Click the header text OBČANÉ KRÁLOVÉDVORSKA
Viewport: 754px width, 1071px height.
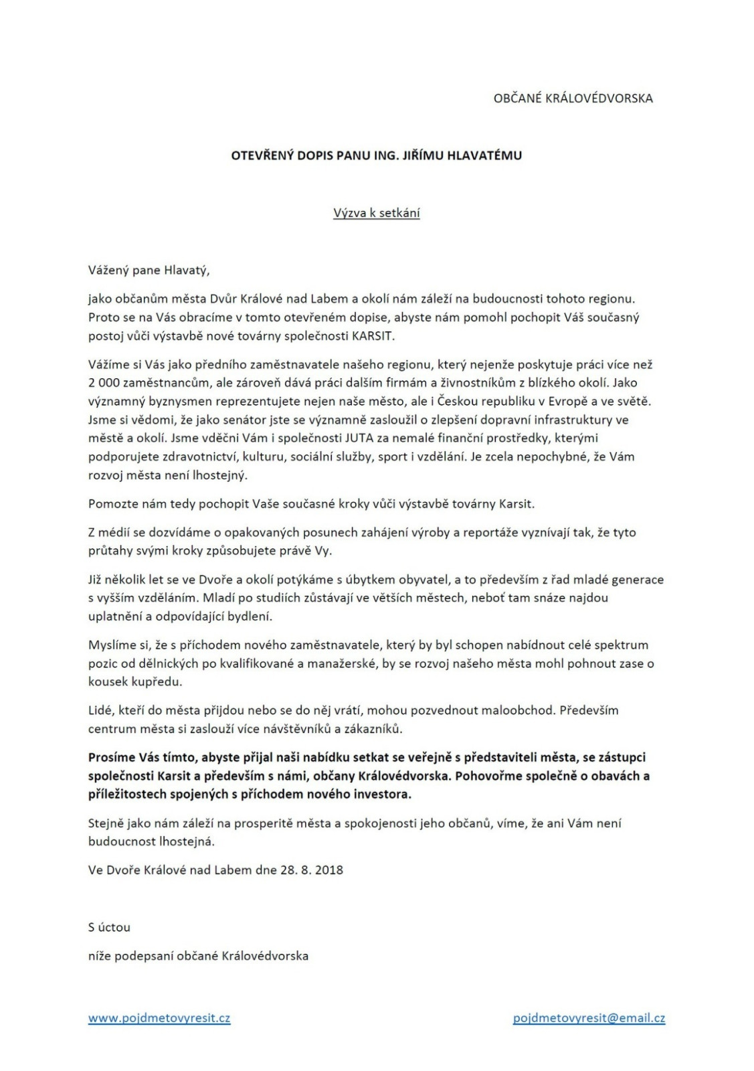(x=573, y=98)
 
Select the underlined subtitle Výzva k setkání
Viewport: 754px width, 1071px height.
(x=377, y=213)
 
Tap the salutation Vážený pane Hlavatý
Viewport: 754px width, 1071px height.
(x=149, y=270)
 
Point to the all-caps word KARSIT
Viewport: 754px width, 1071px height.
(x=373, y=336)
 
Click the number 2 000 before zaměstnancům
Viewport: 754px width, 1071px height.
(x=101, y=383)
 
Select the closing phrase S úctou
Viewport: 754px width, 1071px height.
(x=109, y=927)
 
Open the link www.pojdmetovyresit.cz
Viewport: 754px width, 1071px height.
(x=159, y=1018)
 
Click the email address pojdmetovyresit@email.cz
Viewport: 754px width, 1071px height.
(x=589, y=1018)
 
